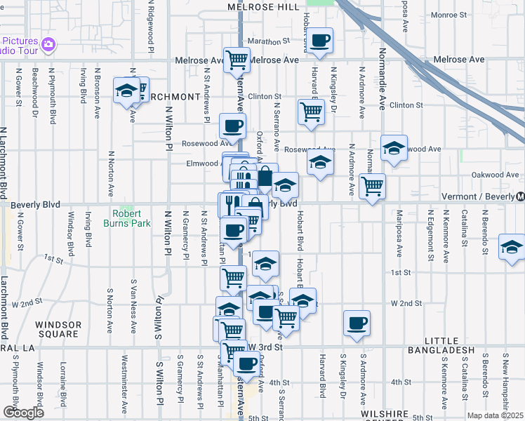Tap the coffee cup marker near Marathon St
point(320,41)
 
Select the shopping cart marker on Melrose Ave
point(237,60)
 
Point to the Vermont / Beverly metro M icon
point(520,196)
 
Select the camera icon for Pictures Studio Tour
point(48,45)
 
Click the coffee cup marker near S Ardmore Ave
point(357,323)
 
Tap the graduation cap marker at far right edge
point(512,248)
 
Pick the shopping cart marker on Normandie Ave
point(372,187)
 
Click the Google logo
point(23,412)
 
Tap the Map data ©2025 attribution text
point(495,415)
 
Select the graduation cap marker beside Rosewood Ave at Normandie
point(394,147)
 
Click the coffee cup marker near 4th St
point(246,364)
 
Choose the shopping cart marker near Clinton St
point(310,111)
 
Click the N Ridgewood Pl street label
point(150,25)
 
